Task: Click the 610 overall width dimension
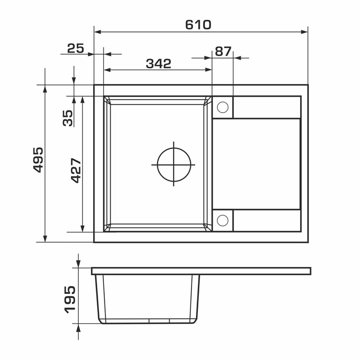198,25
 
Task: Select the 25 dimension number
76,49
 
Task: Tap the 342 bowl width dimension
159,63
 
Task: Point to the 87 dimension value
223,51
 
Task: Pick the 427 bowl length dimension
76,171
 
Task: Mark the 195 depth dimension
70,300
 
